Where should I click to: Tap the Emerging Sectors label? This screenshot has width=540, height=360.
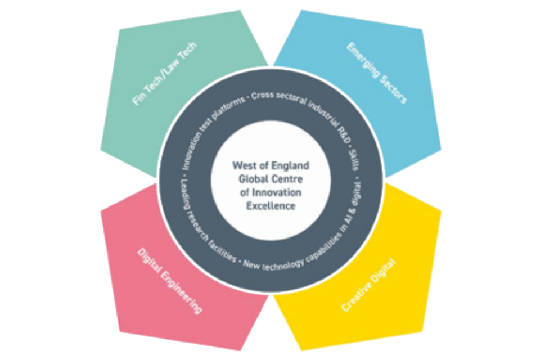tap(376, 72)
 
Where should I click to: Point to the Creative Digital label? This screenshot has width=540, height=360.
tap(368, 285)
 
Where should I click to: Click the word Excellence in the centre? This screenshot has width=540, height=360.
tap(272, 206)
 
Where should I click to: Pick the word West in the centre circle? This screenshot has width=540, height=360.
tap(244, 166)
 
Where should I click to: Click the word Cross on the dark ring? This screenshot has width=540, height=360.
tap(262, 94)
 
